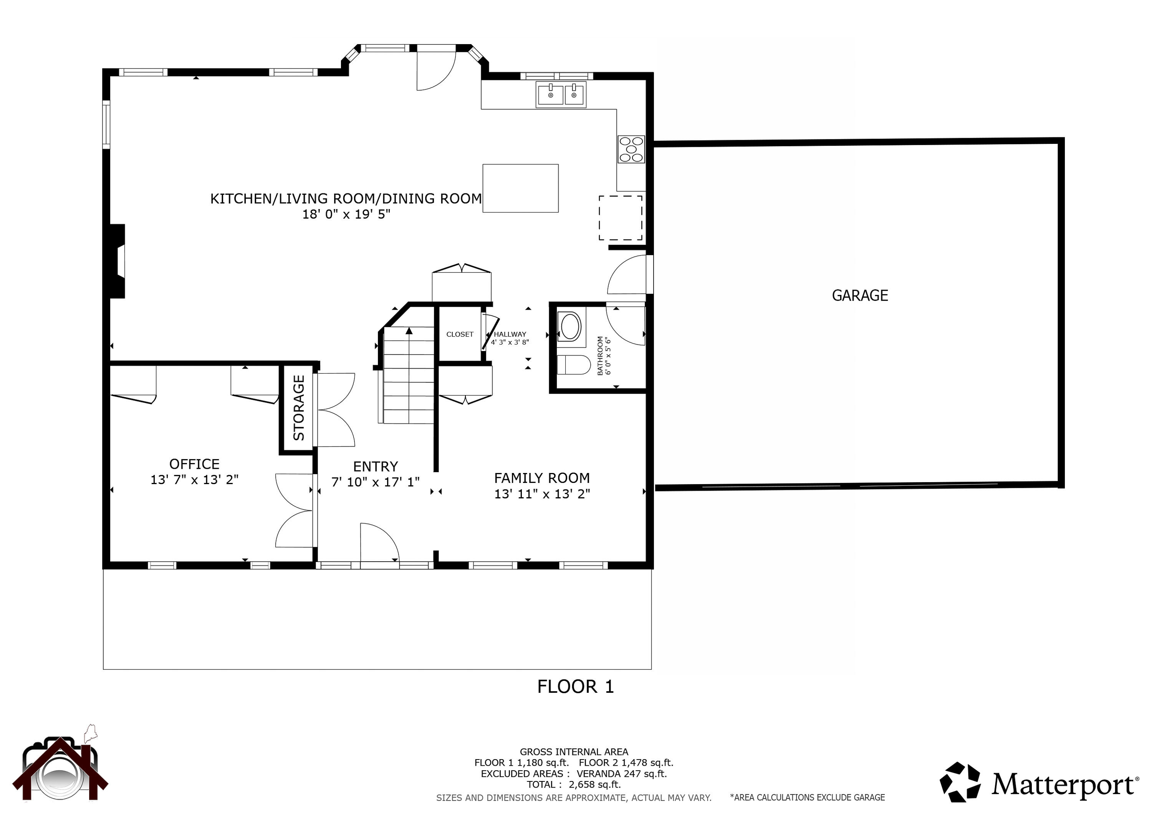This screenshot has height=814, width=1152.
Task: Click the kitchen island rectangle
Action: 520,188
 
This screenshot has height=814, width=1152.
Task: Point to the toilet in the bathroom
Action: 574,365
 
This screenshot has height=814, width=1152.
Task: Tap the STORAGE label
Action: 298,408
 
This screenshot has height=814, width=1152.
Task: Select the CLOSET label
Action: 460,334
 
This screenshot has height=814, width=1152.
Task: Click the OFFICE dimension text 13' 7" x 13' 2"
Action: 194,480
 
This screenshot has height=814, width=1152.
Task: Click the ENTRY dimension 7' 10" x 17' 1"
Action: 375,482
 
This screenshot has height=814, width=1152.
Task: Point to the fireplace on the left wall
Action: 118,261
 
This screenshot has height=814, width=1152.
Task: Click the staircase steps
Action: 409,381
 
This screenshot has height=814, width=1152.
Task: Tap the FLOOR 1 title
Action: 576,687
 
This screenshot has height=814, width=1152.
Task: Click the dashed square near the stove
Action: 620,218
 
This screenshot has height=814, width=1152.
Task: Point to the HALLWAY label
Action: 510,334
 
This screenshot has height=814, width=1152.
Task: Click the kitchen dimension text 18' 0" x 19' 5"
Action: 346,214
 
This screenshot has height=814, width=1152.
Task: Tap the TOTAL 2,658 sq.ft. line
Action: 573,784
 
